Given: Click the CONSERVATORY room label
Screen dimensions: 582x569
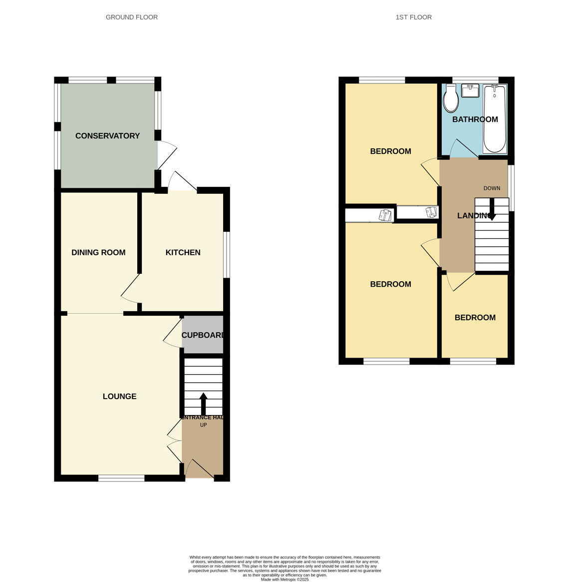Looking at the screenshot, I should coord(107,136).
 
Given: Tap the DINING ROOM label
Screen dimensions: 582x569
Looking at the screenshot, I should coord(98,253).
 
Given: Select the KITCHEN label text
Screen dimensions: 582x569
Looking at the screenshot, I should coord(183,253).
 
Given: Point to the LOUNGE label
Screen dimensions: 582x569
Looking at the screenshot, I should coord(119,397).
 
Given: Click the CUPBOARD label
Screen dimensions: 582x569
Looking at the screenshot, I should coord(202,335).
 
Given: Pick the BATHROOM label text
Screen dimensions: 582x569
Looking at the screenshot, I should coord(475,119).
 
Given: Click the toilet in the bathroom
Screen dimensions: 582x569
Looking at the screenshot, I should coord(451,99).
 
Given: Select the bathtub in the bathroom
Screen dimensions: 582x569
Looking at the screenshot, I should coord(495,119).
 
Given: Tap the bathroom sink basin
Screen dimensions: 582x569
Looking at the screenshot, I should coord(470,91).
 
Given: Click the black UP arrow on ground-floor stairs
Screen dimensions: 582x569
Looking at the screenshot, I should coord(203,403).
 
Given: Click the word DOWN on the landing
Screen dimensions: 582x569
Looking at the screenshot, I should coord(492,188).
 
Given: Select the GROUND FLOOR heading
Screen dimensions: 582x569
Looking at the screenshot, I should coord(132,17).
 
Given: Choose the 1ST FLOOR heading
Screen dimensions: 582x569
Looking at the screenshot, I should coord(414,17).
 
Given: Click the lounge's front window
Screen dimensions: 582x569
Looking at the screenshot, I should coord(121,479).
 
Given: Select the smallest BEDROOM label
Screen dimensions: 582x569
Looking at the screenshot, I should coord(475,318).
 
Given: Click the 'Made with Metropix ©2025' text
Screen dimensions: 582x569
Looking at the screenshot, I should coord(285,580).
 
